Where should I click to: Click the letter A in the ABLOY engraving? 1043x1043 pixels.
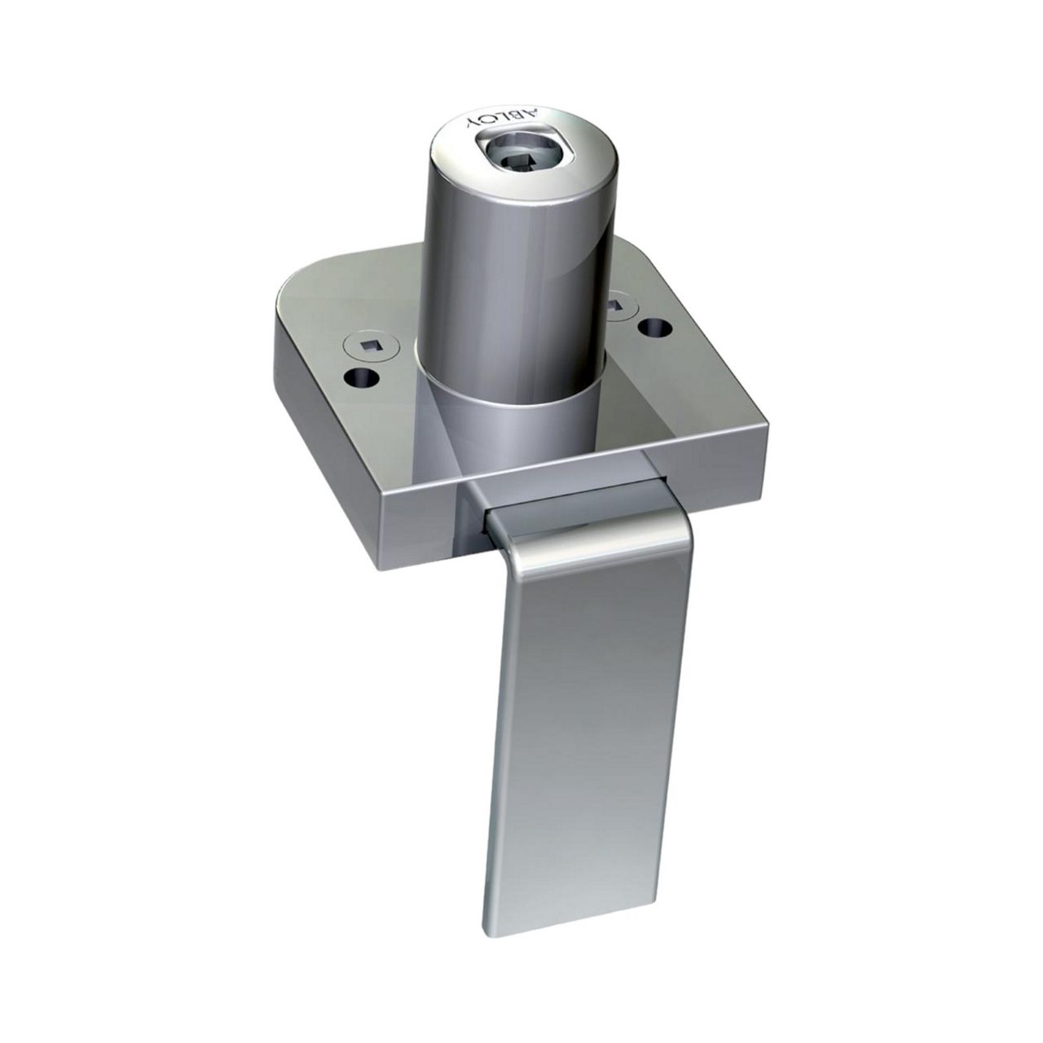[x=530, y=116]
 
